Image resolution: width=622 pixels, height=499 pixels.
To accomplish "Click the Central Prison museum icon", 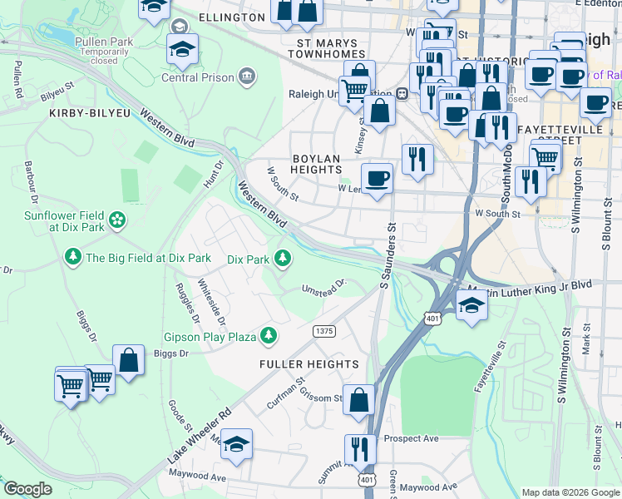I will [x=247, y=77].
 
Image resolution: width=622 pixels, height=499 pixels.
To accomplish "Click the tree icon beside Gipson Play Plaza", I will [x=268, y=336].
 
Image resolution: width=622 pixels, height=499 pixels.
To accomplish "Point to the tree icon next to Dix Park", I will [x=283, y=258].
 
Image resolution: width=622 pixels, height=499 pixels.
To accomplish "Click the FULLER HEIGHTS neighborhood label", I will [x=309, y=364].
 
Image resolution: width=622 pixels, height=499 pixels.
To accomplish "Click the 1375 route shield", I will [x=324, y=331].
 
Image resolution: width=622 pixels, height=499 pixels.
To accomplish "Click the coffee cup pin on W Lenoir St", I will [x=377, y=178].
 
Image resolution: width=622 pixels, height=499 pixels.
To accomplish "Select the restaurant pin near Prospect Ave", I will [x=360, y=449].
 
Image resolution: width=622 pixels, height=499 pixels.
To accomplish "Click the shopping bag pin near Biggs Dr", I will [x=128, y=361].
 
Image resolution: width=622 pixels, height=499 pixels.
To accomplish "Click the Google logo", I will [x=28, y=489].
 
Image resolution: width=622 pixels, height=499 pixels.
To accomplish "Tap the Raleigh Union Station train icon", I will [x=401, y=93].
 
